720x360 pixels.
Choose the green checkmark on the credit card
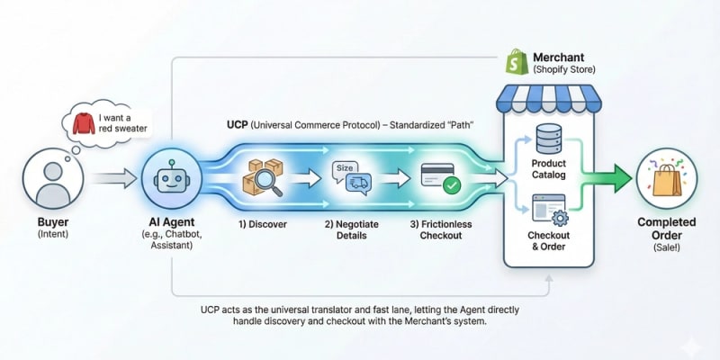[451, 185]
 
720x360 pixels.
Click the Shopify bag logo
[517, 62]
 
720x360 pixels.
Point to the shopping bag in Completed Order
[669, 180]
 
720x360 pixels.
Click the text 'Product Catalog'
[548, 169]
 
